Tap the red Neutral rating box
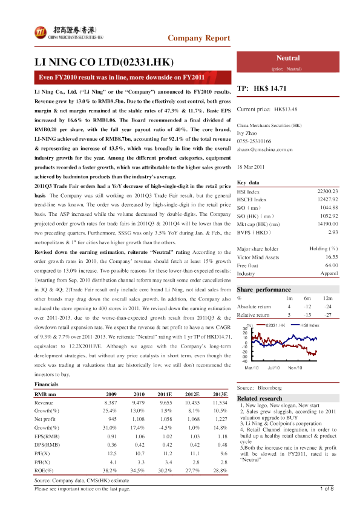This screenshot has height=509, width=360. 288,60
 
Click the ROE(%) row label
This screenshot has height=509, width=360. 44,452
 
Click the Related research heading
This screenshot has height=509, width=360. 261,398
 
